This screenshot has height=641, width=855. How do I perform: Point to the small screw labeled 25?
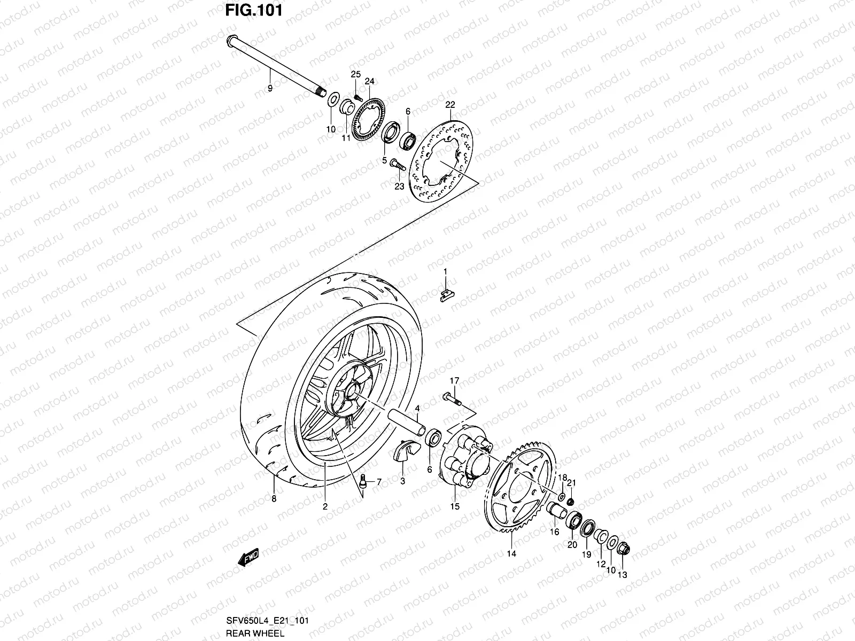pyautogui.click(x=359, y=97)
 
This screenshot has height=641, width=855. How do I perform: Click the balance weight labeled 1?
pyautogui.click(x=445, y=296)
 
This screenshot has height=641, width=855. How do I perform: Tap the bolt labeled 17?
pyautogui.click(x=452, y=398)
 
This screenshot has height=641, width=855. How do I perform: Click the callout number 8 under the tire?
pyautogui.click(x=274, y=499)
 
